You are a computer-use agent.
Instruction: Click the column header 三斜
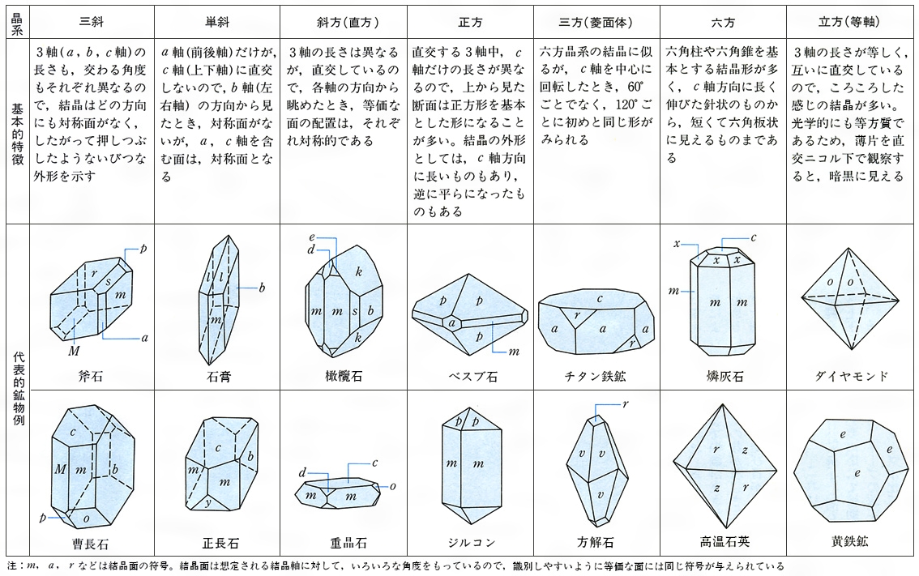coord(92,22)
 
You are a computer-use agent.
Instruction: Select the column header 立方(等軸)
coord(848,22)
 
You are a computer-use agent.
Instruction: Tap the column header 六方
coord(723,22)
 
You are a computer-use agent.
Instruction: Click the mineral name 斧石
coord(90,376)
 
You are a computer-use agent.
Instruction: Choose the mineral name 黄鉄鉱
coord(849,541)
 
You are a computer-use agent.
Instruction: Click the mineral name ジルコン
coord(471,542)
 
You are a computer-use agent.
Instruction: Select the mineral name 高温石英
coord(725,541)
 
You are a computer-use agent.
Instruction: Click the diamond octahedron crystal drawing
coord(850,299)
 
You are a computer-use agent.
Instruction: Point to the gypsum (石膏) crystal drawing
coord(219,301)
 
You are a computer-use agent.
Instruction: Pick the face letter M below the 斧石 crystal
coord(73,351)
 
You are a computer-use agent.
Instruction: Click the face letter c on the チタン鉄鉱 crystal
coord(600,298)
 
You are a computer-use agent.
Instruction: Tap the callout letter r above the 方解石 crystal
coord(626,403)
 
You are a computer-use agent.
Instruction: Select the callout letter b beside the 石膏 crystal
coord(262,287)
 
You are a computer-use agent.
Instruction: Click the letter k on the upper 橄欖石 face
coord(359,271)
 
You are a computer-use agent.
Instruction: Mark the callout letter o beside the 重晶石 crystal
coord(393,486)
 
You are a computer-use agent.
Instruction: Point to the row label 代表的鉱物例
coord(18,389)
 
